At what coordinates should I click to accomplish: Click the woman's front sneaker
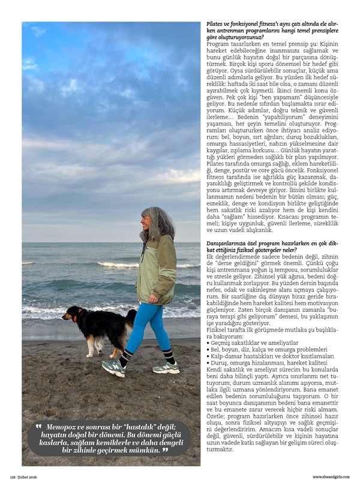pos(113,367)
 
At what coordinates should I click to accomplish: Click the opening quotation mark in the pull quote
pos(38,426)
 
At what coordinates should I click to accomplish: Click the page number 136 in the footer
pos(12,477)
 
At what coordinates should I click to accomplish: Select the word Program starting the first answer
pos(218,44)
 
